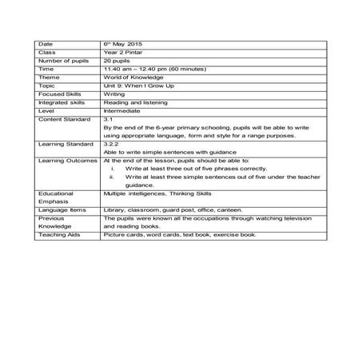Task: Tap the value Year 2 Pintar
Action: click(x=125, y=52)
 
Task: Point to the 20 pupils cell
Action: click(x=119, y=62)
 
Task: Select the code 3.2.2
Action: click(x=111, y=144)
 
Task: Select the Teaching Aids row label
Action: click(x=58, y=235)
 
